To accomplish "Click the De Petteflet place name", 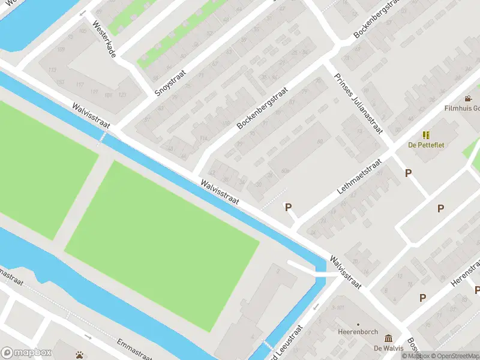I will click(426, 145).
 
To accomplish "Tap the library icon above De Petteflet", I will click(426, 135).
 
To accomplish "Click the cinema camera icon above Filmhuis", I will click(467, 98).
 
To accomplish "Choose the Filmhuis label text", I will click(461, 109).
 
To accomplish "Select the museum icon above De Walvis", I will click(388, 338).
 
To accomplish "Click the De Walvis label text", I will click(388, 348).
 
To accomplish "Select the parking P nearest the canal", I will click(288, 207).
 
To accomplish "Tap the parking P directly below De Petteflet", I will click(409, 173).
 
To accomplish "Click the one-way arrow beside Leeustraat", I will click(316, 307).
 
